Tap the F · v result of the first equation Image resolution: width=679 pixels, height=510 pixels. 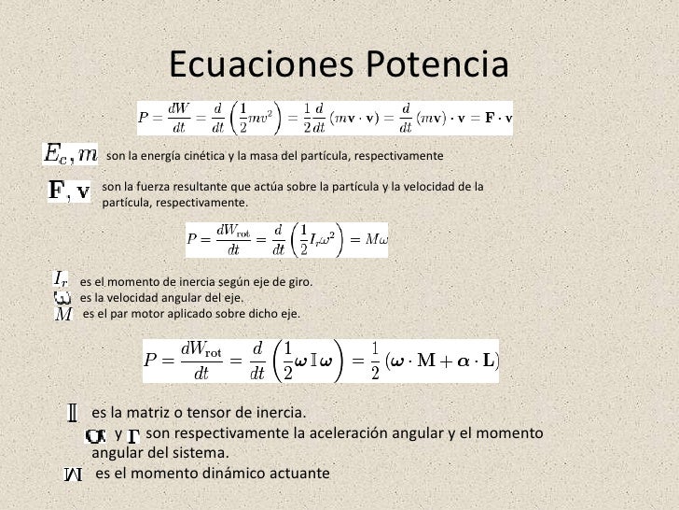point(499,119)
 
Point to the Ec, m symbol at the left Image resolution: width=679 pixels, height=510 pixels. point(71,151)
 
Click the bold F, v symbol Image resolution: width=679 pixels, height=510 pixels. point(70,191)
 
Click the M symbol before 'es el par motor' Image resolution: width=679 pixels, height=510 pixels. point(62,314)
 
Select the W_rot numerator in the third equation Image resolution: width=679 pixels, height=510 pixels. point(201,348)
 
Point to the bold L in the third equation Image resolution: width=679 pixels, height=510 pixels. point(488,361)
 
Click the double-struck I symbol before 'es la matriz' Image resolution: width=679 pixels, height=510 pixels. point(72,412)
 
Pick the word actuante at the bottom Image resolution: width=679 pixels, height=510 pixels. point(296,474)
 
